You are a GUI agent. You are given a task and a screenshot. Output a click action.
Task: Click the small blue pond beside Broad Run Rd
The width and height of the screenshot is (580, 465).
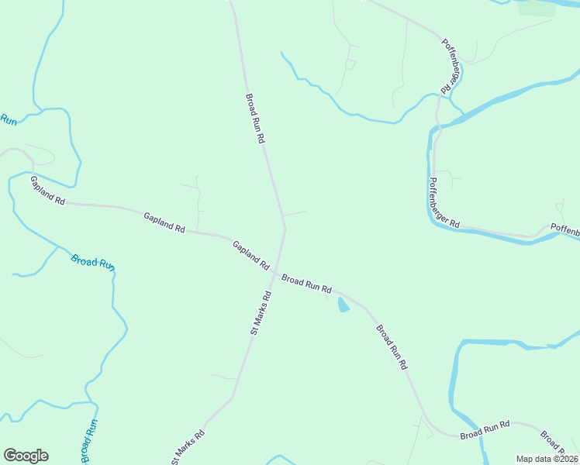click(x=342, y=305)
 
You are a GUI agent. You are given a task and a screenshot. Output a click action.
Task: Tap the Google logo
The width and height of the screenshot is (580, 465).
click(x=26, y=456)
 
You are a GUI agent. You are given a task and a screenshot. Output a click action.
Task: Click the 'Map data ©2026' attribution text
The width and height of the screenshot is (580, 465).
click(x=547, y=459)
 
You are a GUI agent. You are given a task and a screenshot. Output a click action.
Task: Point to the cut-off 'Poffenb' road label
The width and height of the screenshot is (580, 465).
click(x=564, y=230)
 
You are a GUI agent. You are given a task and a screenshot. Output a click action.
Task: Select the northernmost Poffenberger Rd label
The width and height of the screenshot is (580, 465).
click(x=447, y=67)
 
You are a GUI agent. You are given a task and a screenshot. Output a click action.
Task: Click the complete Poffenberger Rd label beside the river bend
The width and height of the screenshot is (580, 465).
click(x=444, y=204)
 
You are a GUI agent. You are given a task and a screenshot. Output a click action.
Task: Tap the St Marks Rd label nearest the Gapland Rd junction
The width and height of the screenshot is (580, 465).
click(x=260, y=312)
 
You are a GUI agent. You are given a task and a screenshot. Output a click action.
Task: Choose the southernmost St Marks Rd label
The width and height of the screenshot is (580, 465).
click(x=188, y=447)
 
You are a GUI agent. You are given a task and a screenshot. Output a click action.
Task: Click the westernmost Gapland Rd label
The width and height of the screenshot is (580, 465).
click(x=47, y=190)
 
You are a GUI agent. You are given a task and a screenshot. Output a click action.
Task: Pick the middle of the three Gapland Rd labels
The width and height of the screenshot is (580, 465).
click(x=164, y=222)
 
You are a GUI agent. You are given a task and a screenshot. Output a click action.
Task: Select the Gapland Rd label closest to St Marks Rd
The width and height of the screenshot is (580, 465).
click(x=250, y=255)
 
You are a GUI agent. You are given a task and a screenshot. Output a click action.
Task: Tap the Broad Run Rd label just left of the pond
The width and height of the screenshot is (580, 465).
click(x=306, y=283)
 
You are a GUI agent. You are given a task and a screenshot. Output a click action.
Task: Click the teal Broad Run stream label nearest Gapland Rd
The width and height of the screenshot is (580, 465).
click(x=93, y=261)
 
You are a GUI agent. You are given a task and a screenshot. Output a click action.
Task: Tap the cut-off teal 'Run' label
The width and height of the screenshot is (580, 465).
click(x=8, y=119)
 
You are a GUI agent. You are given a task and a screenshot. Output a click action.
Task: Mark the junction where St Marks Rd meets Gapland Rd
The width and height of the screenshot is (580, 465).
click(x=275, y=270)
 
